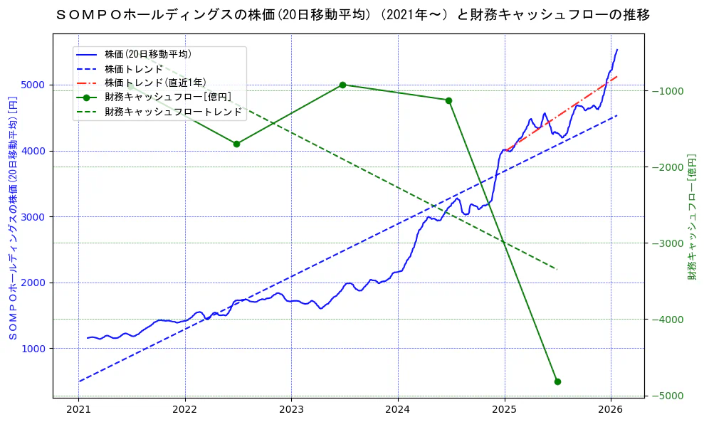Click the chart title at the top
coord(352,14)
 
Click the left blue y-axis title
coord(12,217)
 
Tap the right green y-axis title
coord(692,217)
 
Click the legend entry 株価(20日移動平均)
coord(147,54)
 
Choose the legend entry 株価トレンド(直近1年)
coord(155,83)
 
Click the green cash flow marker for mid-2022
coord(236,144)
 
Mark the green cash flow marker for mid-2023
coord(342,85)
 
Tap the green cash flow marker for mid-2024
coord(448,100)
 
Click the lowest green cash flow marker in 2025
coord(557,381)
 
